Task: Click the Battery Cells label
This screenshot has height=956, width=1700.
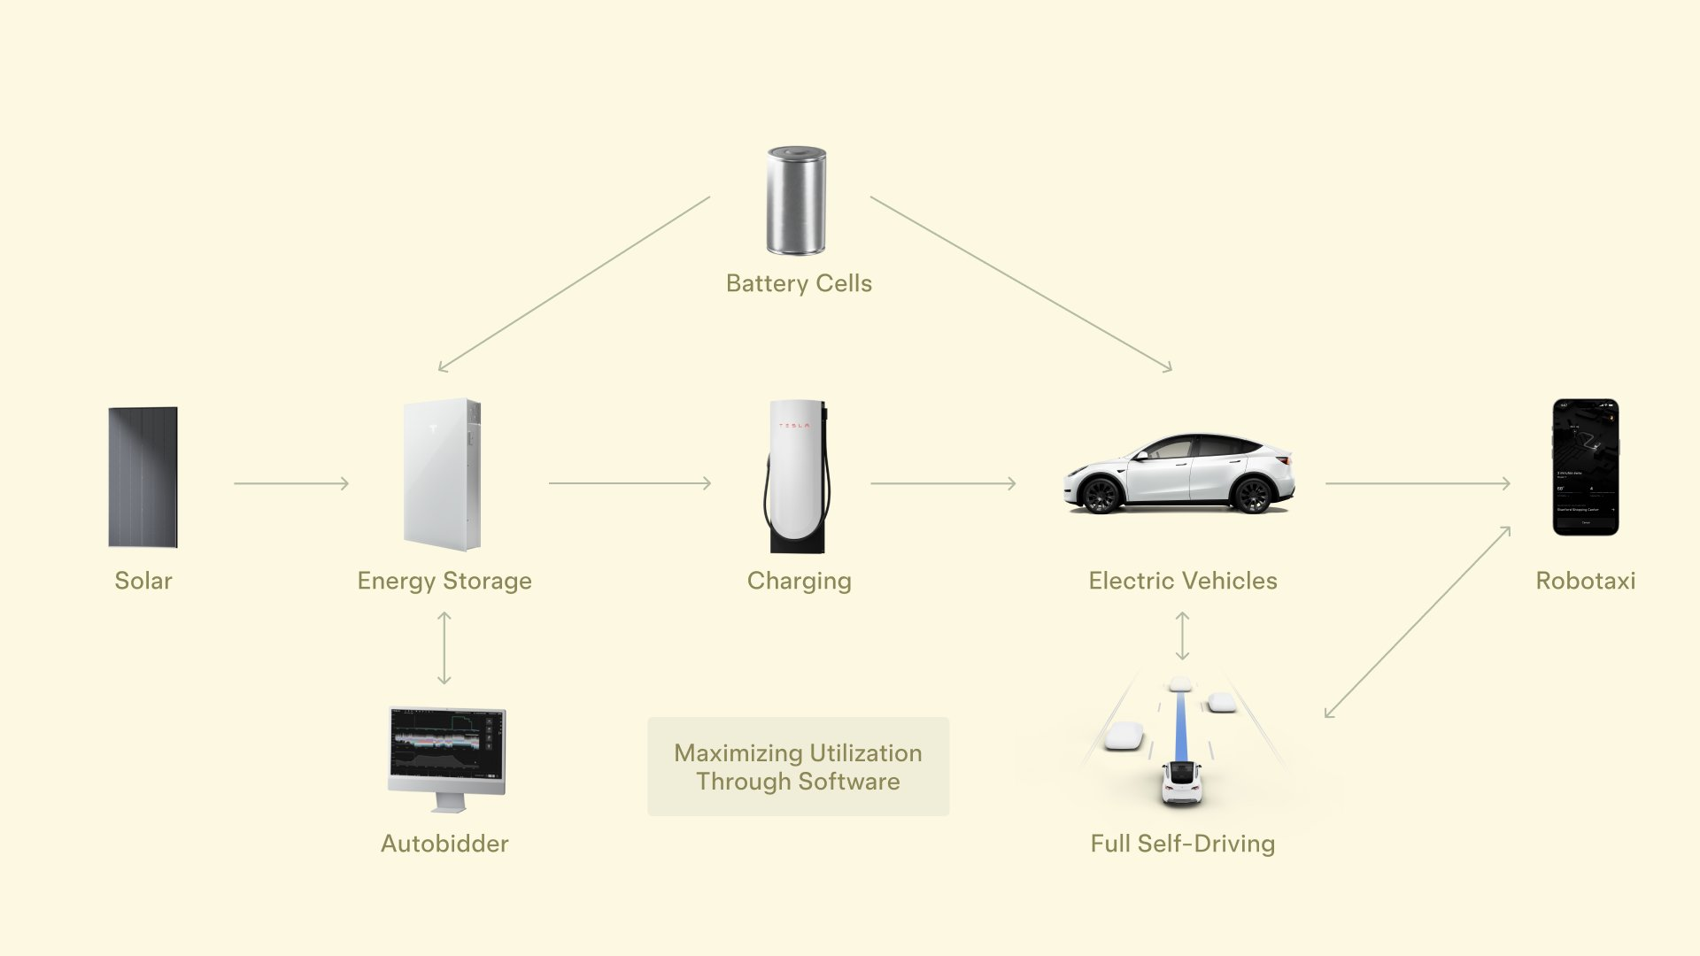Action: coord(799,283)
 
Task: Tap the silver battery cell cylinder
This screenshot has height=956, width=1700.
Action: coord(796,201)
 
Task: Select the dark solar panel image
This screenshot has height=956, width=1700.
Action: coord(143,476)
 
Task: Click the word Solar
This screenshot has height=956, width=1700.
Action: coord(143,581)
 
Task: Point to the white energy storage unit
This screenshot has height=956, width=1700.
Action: coord(442,474)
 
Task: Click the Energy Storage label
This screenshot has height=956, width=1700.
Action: coord(444,581)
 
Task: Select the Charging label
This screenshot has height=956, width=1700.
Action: coord(799,581)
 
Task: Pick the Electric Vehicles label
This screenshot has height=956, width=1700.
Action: coord(1183,581)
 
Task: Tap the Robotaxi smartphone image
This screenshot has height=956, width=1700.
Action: coord(1585,467)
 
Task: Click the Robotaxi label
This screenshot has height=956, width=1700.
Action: coord(1585,581)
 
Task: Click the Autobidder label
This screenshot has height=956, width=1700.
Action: coord(444,844)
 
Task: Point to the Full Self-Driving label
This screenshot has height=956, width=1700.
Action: coord(1183,844)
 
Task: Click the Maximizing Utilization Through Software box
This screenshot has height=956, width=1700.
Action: coord(798,767)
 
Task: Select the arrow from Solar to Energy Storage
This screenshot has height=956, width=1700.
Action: coord(291,483)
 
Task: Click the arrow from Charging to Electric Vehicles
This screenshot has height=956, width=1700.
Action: coord(943,483)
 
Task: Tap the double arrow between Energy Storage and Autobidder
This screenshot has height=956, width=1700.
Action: coord(444,648)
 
